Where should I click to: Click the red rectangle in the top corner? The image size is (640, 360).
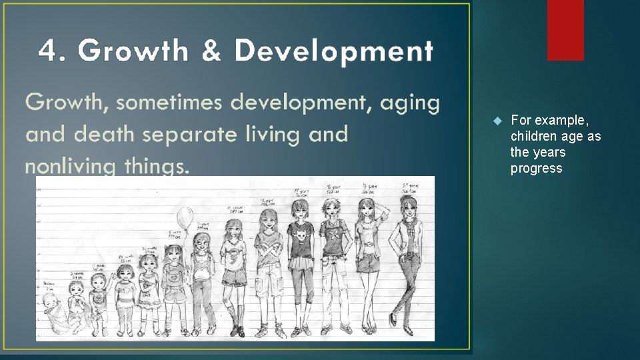[x=565, y=29]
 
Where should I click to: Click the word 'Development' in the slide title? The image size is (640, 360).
[x=334, y=51]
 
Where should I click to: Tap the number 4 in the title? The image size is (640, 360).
[x=47, y=51]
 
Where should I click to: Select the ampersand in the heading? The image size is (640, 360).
[x=212, y=51]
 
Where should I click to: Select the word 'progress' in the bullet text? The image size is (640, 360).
[x=536, y=168]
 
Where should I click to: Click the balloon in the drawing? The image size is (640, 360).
[x=185, y=217]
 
